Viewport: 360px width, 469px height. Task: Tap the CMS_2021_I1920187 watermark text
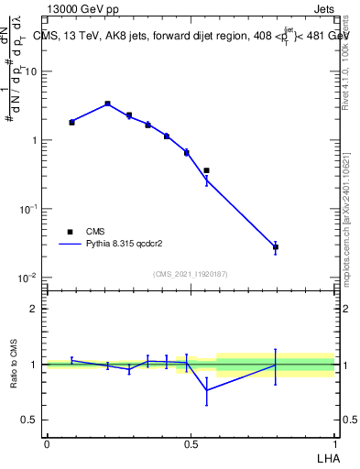point(190,274)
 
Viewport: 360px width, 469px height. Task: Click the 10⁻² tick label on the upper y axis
point(29,278)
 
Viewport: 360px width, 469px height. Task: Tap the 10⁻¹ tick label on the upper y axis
point(29,209)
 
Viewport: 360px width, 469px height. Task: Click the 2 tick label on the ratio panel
point(34,309)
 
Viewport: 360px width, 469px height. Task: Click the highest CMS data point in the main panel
point(107,104)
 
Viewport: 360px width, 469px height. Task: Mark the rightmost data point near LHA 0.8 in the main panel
point(276,246)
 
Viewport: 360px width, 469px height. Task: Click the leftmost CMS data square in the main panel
point(71,122)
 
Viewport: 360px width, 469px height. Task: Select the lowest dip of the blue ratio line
point(207,390)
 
